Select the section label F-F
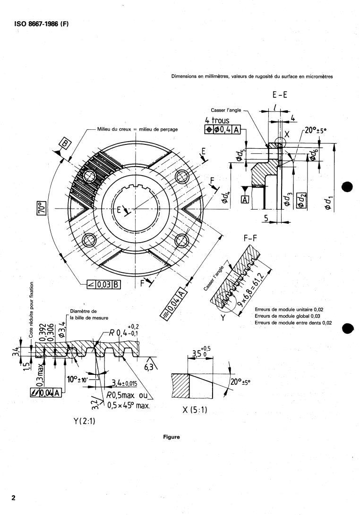tap(250, 239)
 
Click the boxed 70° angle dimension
tap(41, 208)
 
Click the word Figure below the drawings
tap(171, 437)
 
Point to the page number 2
tap(14, 498)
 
